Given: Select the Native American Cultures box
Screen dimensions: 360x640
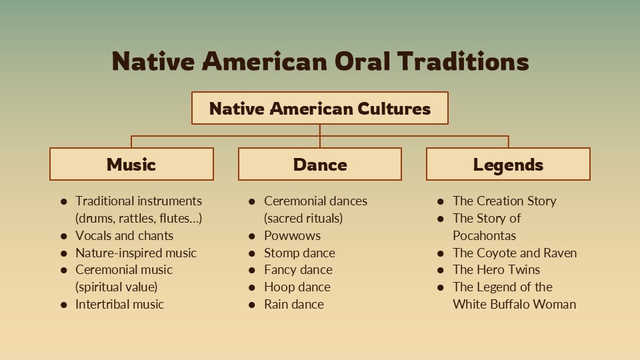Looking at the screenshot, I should point(320,108).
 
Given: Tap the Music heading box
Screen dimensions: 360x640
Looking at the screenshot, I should point(131,164).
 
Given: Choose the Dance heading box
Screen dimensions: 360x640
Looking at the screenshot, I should point(320,164).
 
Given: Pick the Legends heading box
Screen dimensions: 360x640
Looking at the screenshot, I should point(508,164).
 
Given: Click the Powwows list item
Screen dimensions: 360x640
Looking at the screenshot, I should point(292,235).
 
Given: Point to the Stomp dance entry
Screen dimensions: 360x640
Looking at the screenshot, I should point(299,253).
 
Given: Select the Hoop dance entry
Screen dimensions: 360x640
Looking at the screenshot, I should point(297,287).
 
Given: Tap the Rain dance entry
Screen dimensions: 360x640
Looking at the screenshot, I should point(294,305).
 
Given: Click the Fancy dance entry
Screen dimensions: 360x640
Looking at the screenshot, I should point(298,270).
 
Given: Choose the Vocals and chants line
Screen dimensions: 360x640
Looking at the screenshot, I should point(124,235).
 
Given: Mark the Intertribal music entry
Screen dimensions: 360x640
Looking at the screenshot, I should point(119,305).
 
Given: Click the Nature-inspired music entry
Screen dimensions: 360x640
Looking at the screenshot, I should point(136,253).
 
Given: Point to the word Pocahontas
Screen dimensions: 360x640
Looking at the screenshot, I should point(484,235).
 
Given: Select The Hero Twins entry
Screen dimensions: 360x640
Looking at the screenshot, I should point(496,270).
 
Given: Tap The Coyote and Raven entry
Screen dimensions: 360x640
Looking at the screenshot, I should point(515,253).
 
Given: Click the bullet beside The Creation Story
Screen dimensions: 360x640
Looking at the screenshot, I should point(441,201).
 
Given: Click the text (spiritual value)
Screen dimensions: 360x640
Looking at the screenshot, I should point(116,287).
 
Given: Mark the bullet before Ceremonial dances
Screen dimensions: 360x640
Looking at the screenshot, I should point(252,201).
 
